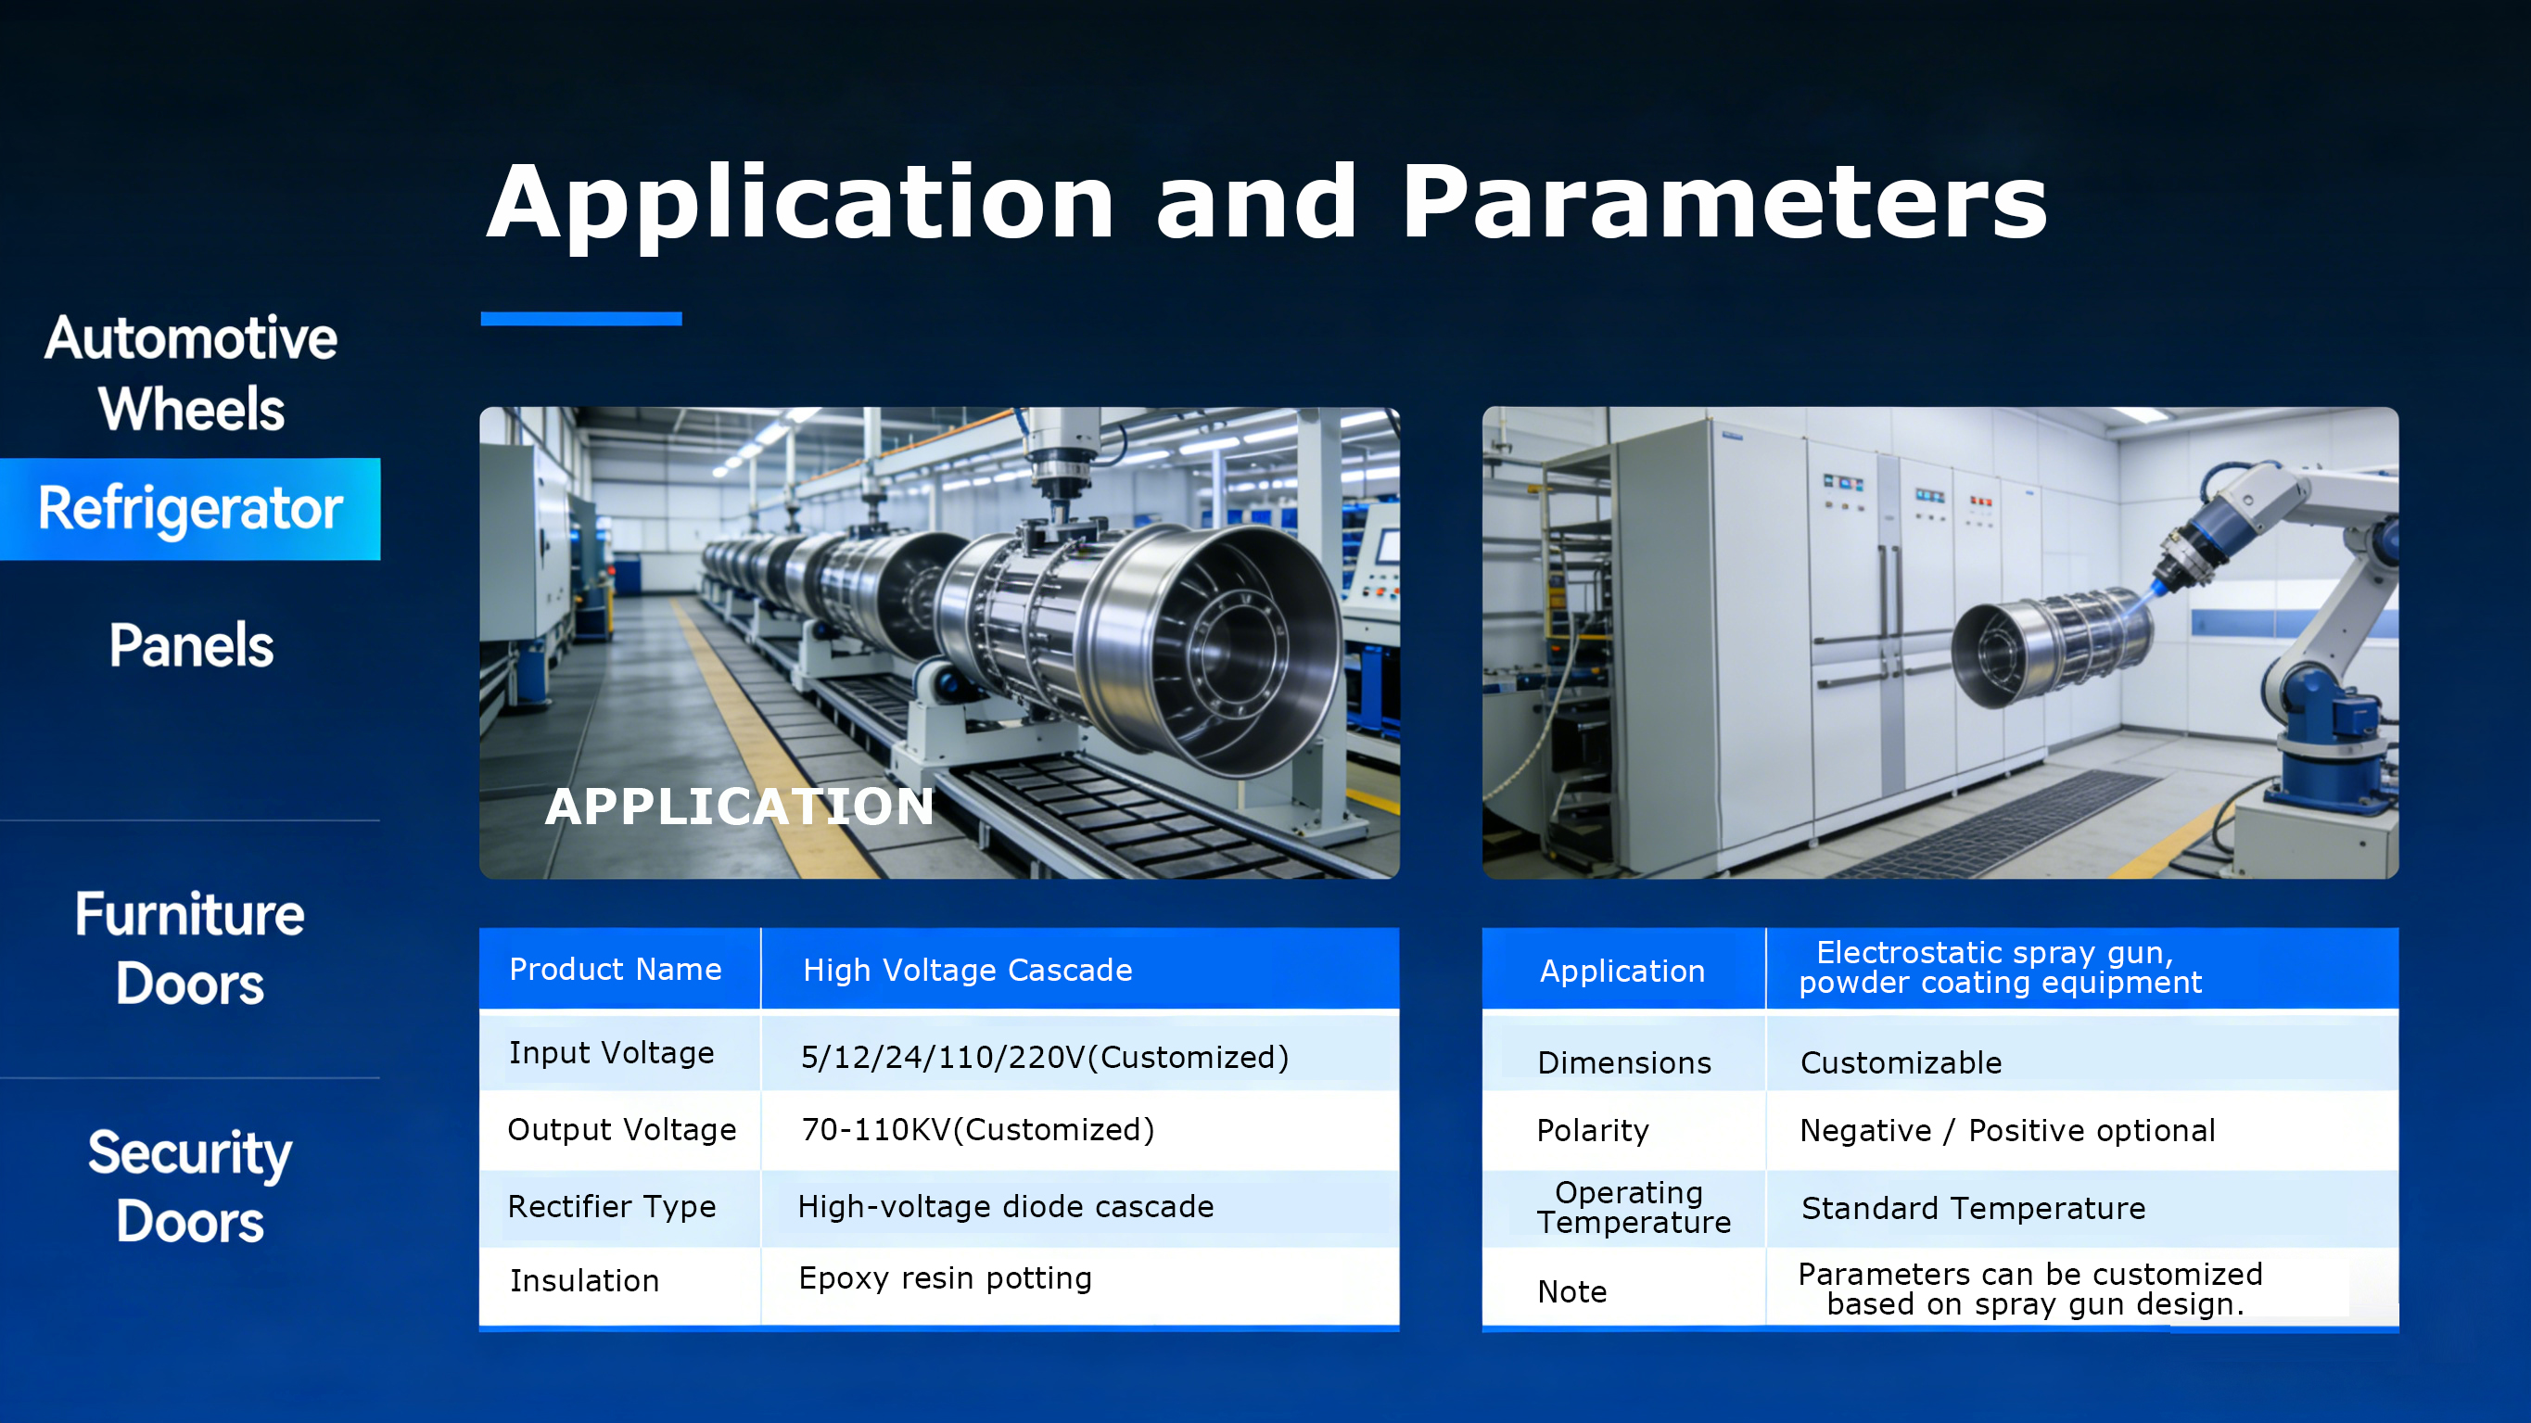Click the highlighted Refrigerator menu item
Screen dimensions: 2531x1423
coord(190,509)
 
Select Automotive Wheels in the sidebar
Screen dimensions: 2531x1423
coord(191,374)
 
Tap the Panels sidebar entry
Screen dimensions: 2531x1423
coord(191,645)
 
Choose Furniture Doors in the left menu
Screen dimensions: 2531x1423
coord(190,948)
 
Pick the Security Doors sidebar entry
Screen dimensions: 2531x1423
coord(190,1187)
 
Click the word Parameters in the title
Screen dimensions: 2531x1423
coord(1724,204)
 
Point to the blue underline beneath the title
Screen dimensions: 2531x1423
coord(580,318)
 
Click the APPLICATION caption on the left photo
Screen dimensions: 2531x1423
coord(739,807)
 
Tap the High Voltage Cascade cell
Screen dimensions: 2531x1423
coord(968,970)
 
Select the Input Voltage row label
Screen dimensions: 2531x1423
coord(611,1052)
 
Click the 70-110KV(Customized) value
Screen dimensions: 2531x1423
coord(977,1130)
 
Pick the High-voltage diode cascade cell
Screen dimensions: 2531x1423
coord(1005,1206)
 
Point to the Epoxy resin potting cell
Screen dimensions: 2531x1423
coord(946,1278)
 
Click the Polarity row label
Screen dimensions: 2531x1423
coord(1593,1131)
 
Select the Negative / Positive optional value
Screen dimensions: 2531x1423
coord(2007,1130)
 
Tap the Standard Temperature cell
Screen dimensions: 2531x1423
coord(1973,1208)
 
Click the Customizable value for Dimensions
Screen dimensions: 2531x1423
coord(1901,1062)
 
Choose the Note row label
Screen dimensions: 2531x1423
coord(1572,1291)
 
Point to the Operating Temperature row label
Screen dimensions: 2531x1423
coord(1633,1207)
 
